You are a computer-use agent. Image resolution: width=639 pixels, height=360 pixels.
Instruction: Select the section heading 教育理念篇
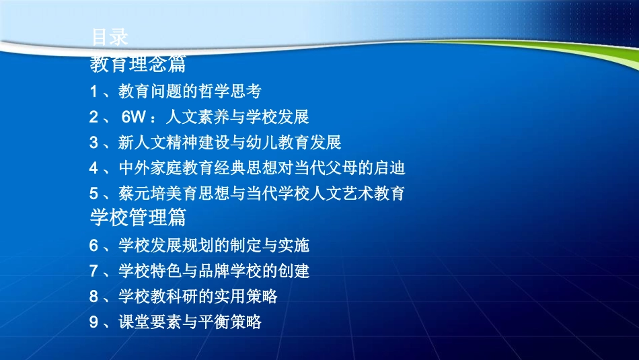[137, 64]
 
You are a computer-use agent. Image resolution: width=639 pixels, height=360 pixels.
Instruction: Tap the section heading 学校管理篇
[137, 217]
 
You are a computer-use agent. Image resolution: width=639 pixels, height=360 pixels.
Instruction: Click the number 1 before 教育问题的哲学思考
[93, 91]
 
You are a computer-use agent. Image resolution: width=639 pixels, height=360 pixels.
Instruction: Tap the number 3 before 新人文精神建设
[93, 143]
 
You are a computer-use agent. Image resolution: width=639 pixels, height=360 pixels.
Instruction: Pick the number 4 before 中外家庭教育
[93, 168]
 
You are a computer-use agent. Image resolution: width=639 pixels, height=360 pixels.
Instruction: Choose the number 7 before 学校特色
[93, 271]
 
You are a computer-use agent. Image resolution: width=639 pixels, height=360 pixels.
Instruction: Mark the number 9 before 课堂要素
[93, 322]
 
